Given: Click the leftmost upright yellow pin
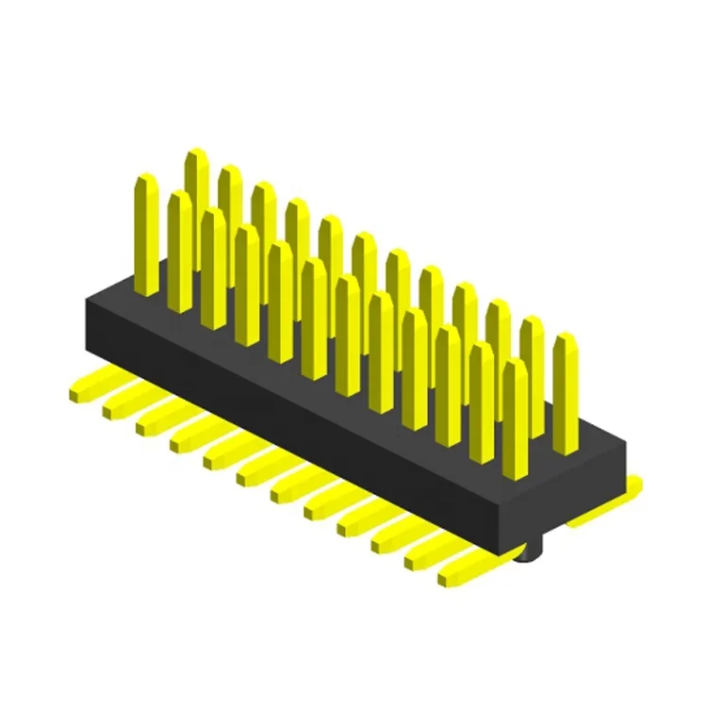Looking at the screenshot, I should [x=146, y=236].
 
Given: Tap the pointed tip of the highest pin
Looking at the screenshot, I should [x=195, y=155].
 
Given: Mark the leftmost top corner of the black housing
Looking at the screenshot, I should [x=86, y=300].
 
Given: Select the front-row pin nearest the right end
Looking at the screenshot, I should [x=515, y=415].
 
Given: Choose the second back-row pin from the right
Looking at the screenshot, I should [x=532, y=372].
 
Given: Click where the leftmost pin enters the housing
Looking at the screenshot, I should [x=146, y=290].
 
